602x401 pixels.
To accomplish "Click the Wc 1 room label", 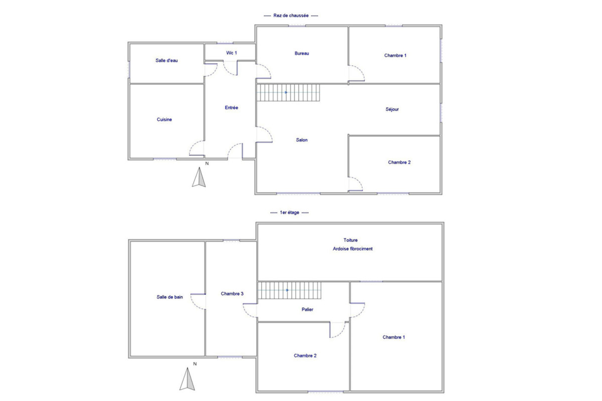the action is (231, 53).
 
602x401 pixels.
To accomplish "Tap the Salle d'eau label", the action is (167, 61).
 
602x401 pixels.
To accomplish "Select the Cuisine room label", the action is (164, 119).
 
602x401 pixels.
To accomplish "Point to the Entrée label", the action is (231, 107).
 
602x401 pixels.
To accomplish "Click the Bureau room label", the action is (302, 53).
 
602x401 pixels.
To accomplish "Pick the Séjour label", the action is (392, 109).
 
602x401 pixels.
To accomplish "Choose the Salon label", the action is (302, 140).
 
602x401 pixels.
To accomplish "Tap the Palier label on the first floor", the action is (307, 309).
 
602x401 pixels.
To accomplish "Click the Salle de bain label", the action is (170, 297).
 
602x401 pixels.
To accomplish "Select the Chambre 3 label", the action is (232, 294).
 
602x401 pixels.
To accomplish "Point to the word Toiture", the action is (351, 240).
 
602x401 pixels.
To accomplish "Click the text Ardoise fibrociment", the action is (353, 249).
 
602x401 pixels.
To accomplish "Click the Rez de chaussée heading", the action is (291, 16).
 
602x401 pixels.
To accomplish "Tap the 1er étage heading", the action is (289, 213).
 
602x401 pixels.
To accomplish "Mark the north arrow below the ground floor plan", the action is (199, 177).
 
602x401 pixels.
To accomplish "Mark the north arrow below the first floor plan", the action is (187, 379).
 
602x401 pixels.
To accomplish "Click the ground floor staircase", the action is (288, 93).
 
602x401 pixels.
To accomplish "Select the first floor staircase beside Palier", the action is (289, 290).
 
